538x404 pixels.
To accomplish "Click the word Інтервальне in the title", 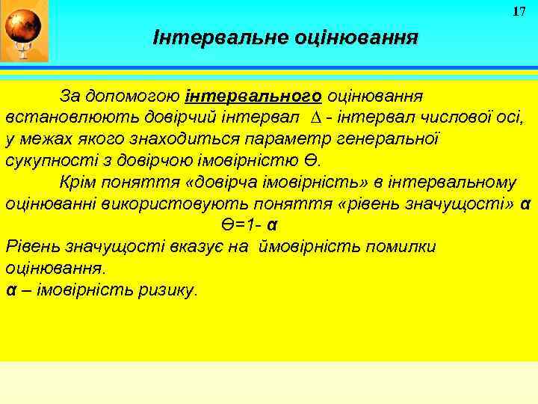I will tap(200, 37).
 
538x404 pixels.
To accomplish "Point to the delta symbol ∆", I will tap(314, 118).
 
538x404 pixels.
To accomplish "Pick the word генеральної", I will tap(392, 139).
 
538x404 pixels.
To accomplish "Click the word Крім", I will tap(77, 183).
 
